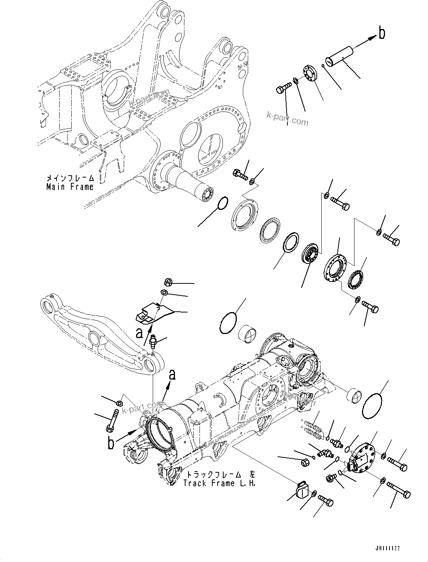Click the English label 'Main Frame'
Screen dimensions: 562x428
point(69,187)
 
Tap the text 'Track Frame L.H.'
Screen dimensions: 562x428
point(219,484)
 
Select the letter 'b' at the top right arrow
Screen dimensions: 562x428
point(382,34)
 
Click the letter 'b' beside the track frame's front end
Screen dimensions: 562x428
point(110,443)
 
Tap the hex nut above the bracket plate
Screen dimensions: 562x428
point(169,282)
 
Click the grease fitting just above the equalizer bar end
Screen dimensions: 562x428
point(153,341)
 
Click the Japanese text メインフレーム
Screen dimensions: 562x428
point(69,178)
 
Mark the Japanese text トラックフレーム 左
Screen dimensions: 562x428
point(219,474)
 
